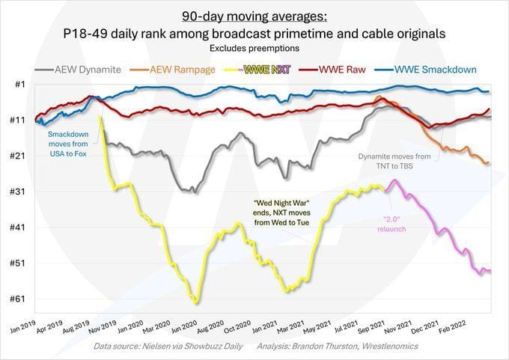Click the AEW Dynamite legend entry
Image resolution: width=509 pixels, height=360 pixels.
pyautogui.click(x=86, y=70)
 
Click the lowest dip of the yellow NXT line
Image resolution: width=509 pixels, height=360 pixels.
pyautogui.click(x=196, y=302)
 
